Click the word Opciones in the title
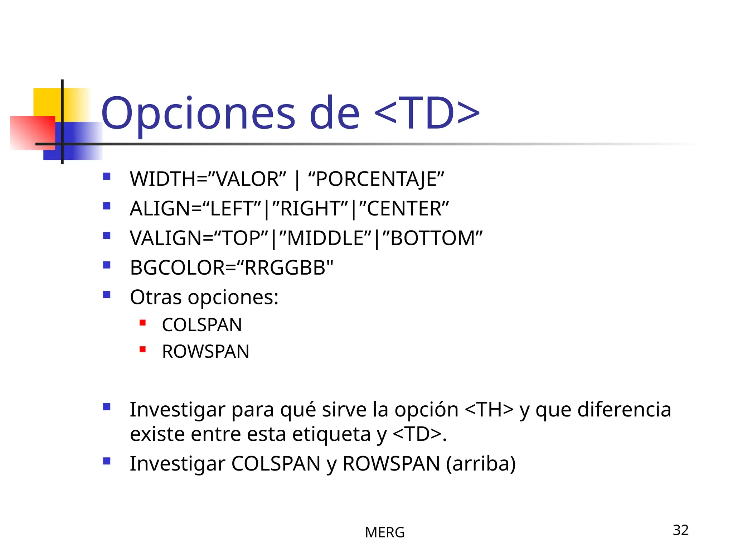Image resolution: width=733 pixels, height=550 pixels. coord(198,114)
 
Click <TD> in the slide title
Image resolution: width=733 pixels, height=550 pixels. coord(427,114)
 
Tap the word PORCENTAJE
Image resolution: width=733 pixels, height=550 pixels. coord(376,179)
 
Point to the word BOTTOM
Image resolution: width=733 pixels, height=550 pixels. coord(432,238)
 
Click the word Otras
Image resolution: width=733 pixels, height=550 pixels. coord(156,297)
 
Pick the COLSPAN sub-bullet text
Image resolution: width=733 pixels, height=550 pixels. coord(202,325)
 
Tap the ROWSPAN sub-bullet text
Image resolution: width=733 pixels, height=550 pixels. coord(205,352)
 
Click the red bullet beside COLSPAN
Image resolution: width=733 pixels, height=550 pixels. coord(142,323)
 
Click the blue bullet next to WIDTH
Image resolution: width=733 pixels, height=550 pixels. coord(107,176)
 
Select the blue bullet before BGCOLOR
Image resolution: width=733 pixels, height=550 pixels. coord(107,265)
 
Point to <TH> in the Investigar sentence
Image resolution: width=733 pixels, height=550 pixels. coord(489,410)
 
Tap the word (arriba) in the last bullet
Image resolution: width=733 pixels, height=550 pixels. coord(481,464)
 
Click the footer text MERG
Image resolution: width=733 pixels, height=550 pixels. coord(385,533)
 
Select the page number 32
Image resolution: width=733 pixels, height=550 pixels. coord(680,530)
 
